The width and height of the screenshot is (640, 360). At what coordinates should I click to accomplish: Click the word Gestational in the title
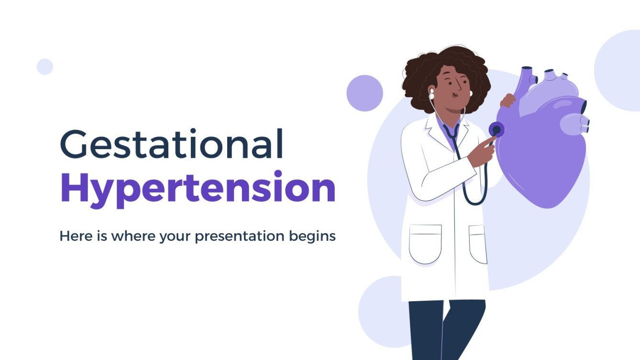(171, 145)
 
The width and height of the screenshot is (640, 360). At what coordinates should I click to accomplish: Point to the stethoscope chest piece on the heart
(496, 129)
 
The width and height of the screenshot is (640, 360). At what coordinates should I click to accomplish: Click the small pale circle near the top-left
(45, 66)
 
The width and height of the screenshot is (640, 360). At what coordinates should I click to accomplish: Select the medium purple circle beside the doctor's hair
(364, 93)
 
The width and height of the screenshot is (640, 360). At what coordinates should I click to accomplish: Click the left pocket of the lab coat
(425, 244)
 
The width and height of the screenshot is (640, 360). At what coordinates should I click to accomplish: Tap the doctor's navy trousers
(445, 330)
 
